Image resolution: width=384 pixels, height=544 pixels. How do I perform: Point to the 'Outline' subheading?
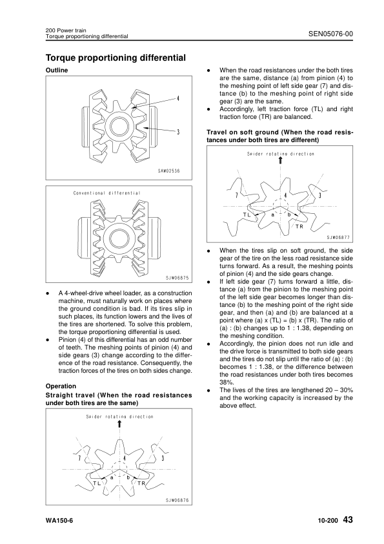pyautogui.click(x=57, y=70)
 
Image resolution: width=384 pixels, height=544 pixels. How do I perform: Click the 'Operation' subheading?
pyautogui.click(x=62, y=386)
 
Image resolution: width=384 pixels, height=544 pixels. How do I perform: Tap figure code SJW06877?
pyautogui.click(x=338, y=237)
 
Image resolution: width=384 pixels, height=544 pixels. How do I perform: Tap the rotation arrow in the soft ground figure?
pyautogui.click(x=280, y=162)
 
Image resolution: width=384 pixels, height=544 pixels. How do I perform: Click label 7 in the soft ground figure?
pyautogui.click(x=236, y=195)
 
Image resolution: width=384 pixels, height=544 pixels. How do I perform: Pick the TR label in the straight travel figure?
pyautogui.click(x=141, y=483)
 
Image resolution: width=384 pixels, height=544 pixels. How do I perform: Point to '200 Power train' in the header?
pyautogui.click(x=65, y=30)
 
